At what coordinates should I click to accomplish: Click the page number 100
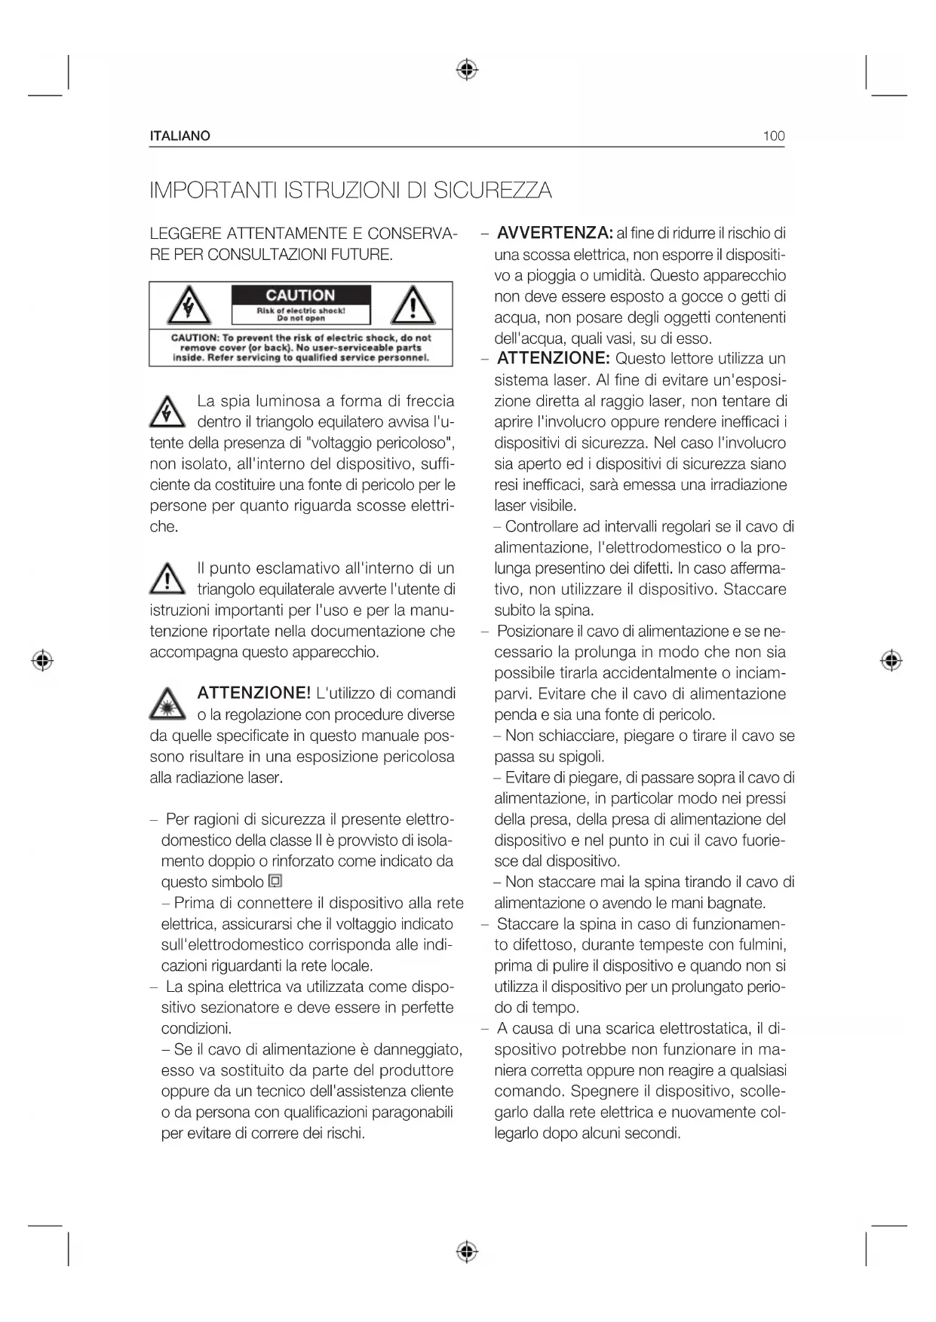click(x=773, y=136)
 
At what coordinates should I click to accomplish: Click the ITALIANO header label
click(x=180, y=136)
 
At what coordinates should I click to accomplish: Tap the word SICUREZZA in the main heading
click(x=492, y=190)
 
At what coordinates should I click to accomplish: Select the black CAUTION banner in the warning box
click(x=300, y=295)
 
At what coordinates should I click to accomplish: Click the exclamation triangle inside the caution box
click(x=412, y=306)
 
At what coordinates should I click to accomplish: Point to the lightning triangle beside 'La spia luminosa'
click(x=167, y=412)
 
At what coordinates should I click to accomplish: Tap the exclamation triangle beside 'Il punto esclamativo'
click(x=167, y=579)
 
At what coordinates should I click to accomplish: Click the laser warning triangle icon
click(x=167, y=704)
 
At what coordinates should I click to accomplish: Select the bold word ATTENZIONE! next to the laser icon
click(x=253, y=693)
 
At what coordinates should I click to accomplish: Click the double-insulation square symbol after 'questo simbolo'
click(x=275, y=881)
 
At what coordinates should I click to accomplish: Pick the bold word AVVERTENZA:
click(x=554, y=233)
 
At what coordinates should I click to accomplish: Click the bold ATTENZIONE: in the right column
click(x=553, y=358)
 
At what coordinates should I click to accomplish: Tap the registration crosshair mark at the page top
click(x=467, y=70)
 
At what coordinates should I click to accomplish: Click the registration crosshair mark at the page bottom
click(x=467, y=1252)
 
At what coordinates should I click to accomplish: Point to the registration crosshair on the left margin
click(x=43, y=661)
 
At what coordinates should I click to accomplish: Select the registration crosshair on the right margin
click(x=891, y=661)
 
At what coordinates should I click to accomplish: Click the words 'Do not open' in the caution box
click(x=301, y=318)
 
